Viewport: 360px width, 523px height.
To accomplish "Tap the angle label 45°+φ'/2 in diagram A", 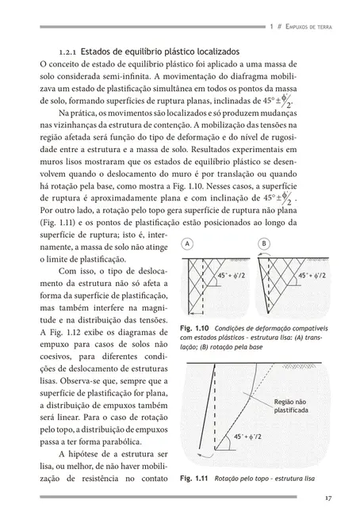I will coord(230,298).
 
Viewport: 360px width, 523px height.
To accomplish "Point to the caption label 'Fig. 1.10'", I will coord(193,329).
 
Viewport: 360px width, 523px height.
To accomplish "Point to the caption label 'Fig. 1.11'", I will coord(193,479).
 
